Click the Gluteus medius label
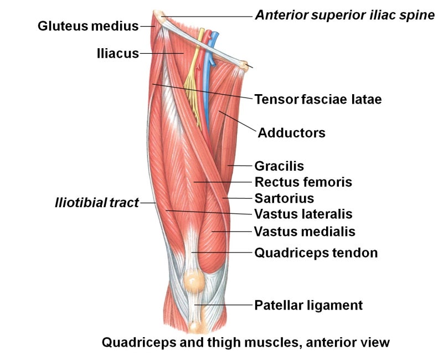click(88, 26)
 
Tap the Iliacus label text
click(118, 53)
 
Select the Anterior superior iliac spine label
click(345, 16)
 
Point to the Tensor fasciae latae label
click(318, 100)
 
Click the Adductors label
click(292, 133)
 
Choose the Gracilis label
click(279, 166)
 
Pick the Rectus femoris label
click(303, 182)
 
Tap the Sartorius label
click(284, 198)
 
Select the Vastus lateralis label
click(303, 214)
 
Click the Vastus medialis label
click(305, 232)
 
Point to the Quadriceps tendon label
click(316, 253)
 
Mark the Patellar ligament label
click(308, 306)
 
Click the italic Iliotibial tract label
click(97, 203)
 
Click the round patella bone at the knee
click(193, 281)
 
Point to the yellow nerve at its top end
click(202, 29)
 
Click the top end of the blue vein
click(215, 34)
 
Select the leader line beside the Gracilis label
click(240, 166)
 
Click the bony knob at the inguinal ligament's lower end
click(244, 65)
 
